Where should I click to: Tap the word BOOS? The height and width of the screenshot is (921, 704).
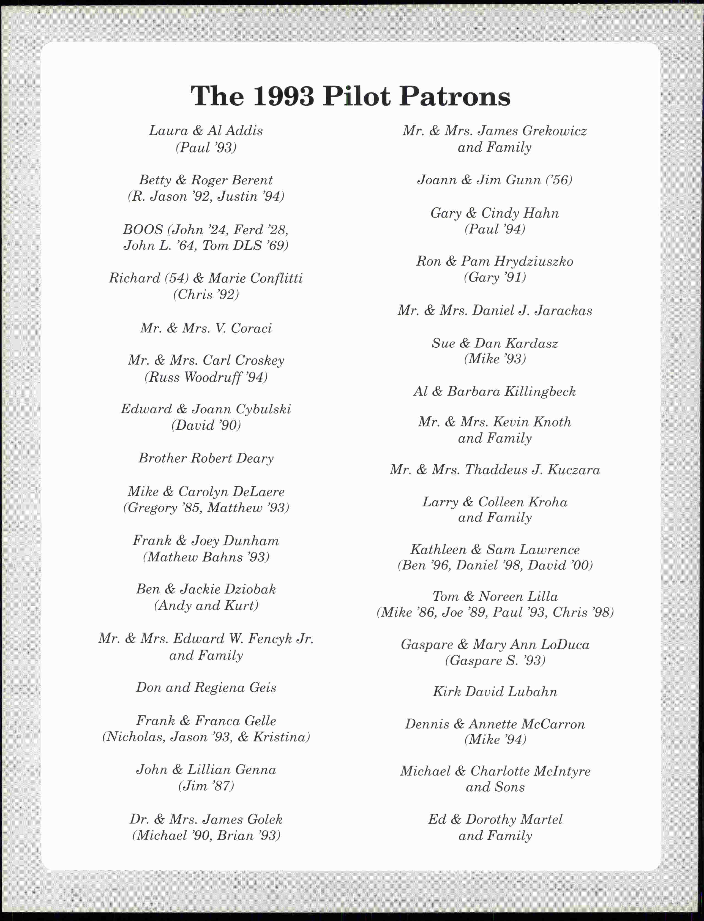coord(143,230)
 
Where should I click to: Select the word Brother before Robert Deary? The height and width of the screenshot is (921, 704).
coord(163,458)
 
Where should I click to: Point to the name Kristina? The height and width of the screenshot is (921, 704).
coord(281,737)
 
